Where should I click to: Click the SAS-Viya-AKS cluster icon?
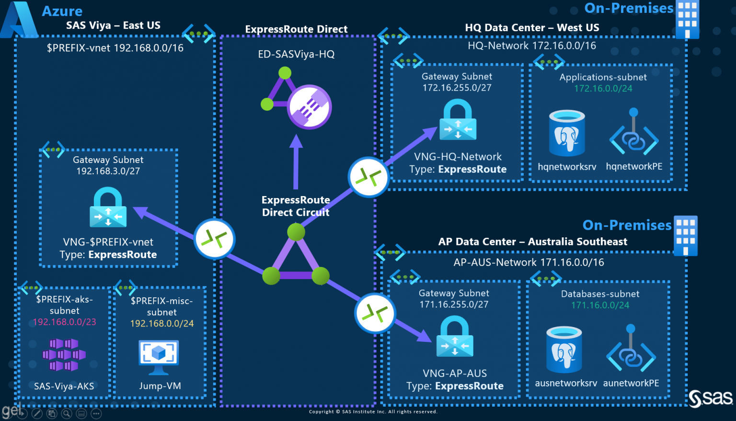[x=64, y=355]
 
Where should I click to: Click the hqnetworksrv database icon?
[x=567, y=133]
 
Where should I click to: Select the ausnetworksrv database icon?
[x=564, y=350]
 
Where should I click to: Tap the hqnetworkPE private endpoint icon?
[x=634, y=134]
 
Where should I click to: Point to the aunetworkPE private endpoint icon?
[x=631, y=351]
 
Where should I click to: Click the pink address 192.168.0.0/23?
[x=64, y=322]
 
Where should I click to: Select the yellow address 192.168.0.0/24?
[x=162, y=324]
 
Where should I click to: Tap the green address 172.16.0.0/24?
[x=603, y=89]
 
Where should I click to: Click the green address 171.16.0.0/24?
[x=600, y=305]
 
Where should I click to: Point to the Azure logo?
[x=19, y=20]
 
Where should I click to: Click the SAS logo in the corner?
[x=711, y=398]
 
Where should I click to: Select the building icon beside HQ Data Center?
[x=687, y=19]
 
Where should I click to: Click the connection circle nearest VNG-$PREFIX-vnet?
[x=214, y=239]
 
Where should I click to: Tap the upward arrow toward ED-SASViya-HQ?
[x=296, y=161]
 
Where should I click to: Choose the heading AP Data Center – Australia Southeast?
[x=532, y=242]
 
